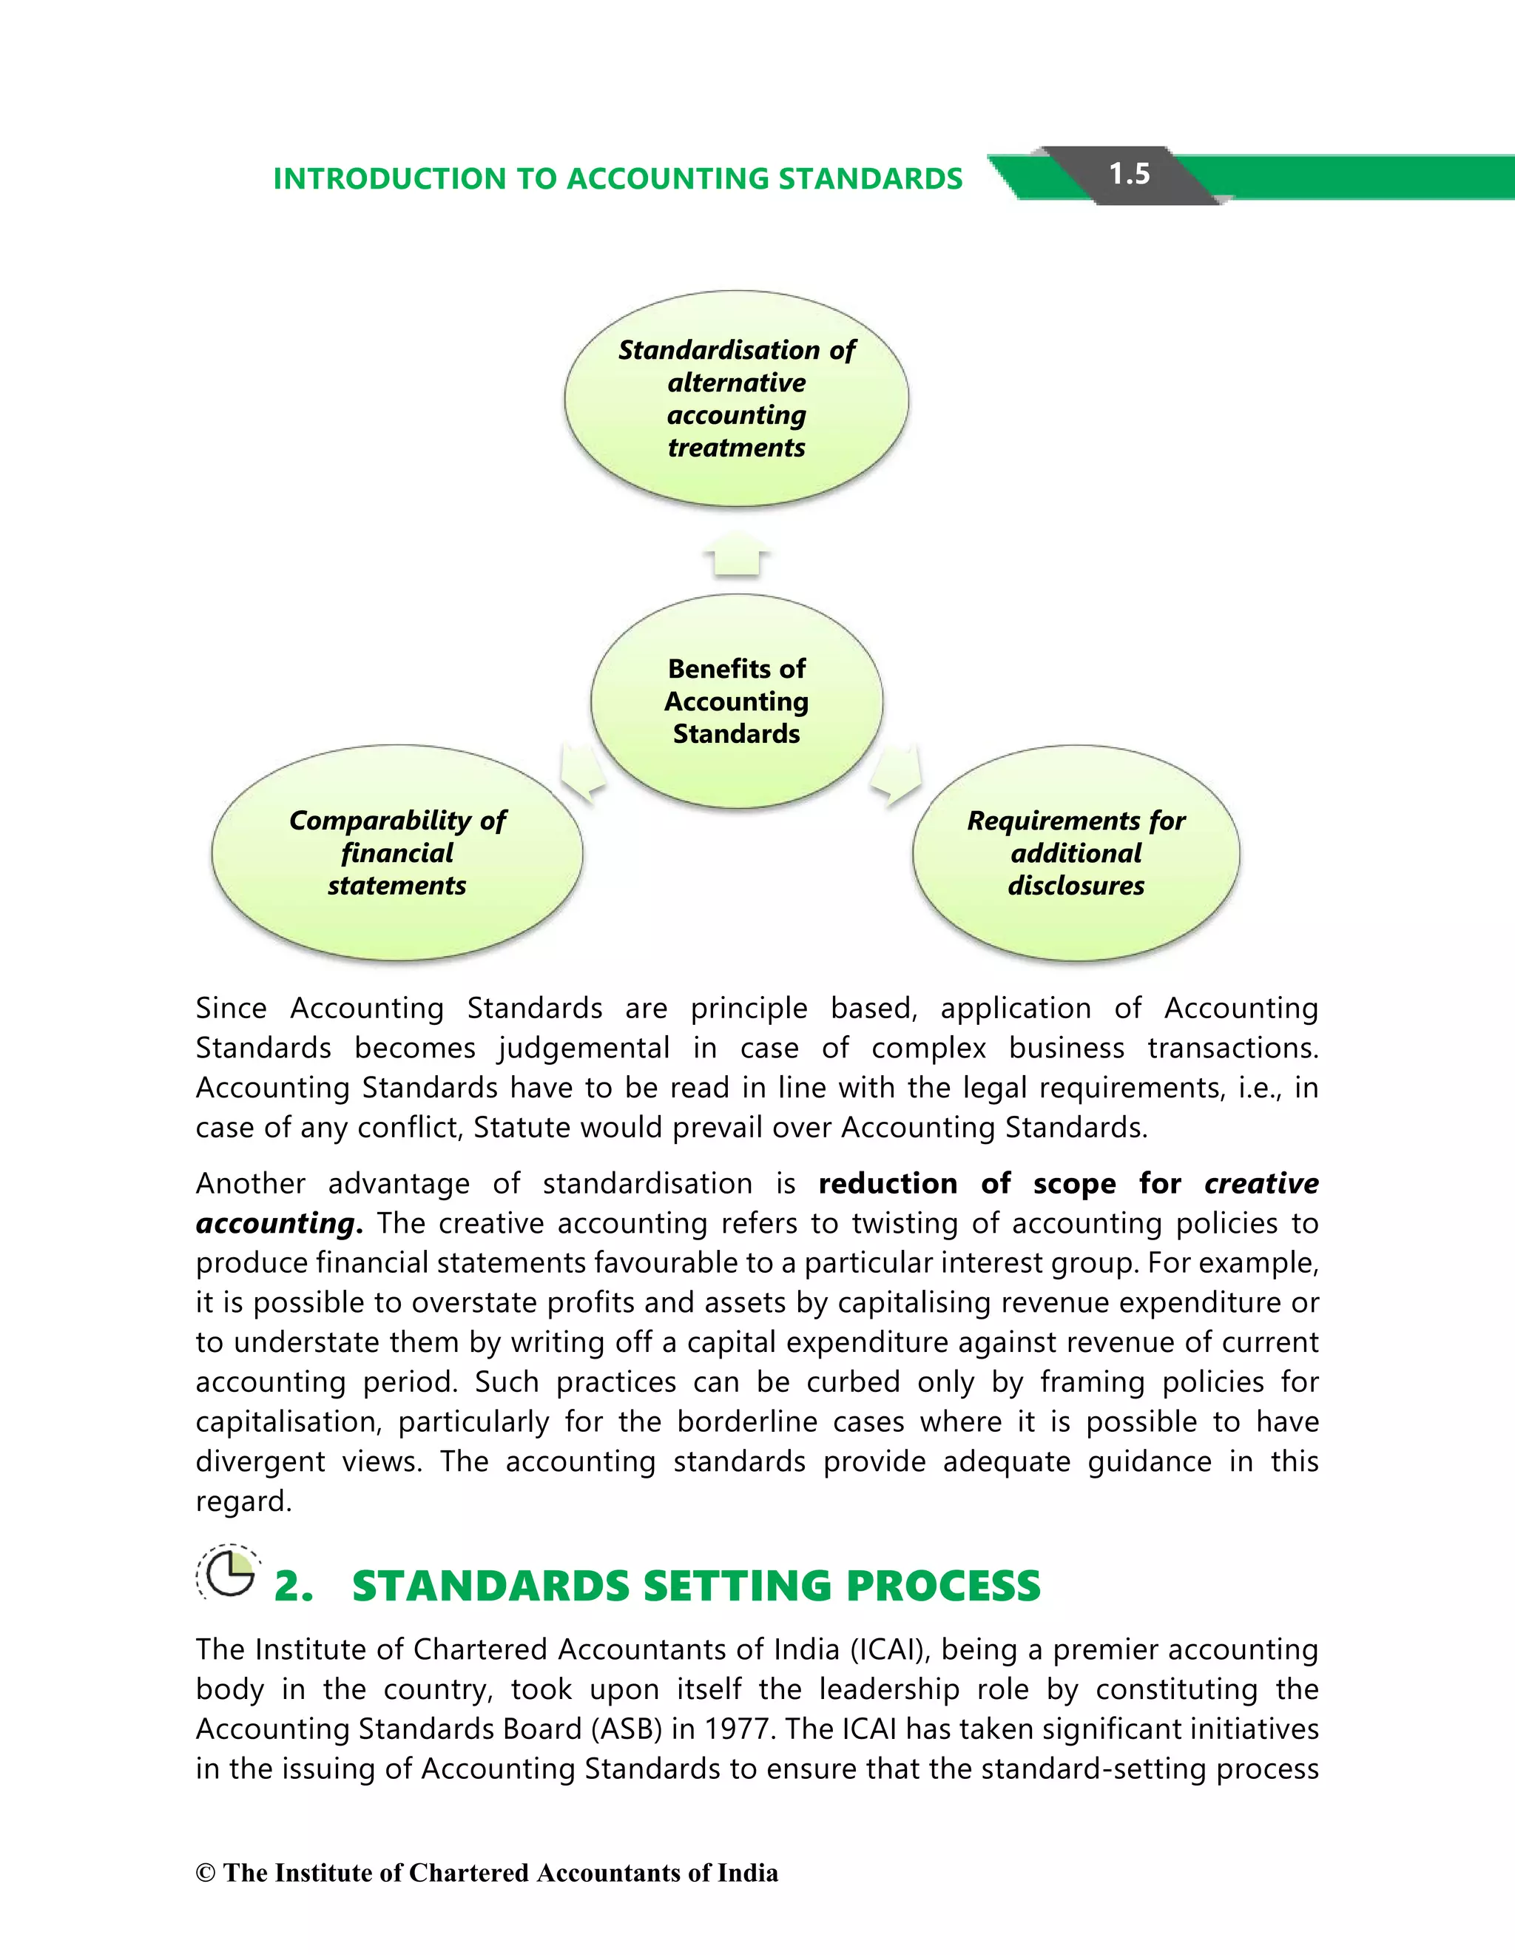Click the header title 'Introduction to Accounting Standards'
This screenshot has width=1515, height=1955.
tap(618, 179)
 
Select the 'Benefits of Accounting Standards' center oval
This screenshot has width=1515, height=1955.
tap(737, 701)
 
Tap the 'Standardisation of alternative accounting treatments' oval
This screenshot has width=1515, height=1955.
tap(737, 398)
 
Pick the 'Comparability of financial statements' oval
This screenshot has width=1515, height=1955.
tap(397, 852)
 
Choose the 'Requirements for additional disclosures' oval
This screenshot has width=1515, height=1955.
tap(1076, 852)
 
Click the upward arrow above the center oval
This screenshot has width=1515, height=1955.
tap(737, 553)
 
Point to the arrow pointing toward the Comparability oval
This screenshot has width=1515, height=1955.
tap(581, 772)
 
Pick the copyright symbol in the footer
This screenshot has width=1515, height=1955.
tap(206, 1874)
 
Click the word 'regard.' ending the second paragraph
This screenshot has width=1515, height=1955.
tap(243, 1501)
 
